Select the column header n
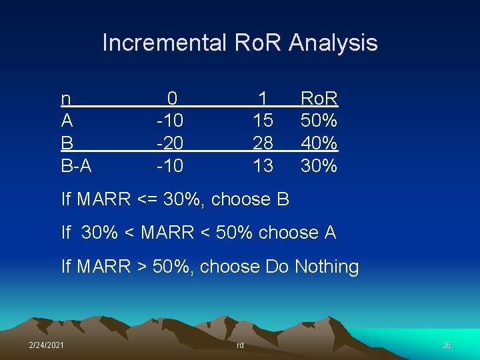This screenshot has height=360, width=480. click(x=66, y=99)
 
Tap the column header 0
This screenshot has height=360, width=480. click(x=172, y=99)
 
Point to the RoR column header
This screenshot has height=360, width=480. click(x=319, y=99)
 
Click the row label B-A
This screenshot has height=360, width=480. click(x=77, y=165)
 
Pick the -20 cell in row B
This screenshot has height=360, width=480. click(x=169, y=143)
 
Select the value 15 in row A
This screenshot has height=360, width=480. click(x=263, y=121)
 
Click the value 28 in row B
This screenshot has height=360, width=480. click(x=263, y=143)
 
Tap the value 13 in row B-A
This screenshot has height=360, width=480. click(x=263, y=165)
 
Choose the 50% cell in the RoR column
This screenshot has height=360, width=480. click(x=319, y=121)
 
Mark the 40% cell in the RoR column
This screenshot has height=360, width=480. click(x=319, y=143)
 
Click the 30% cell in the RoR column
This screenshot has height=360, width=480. click(x=319, y=165)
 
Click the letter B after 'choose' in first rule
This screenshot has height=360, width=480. click(x=282, y=199)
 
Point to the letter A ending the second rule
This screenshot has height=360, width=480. click(x=329, y=233)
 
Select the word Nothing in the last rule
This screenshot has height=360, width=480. click(x=327, y=267)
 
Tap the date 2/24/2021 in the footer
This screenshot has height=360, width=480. click(x=46, y=345)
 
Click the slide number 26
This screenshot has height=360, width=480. click(x=447, y=345)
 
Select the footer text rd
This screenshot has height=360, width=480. click(x=240, y=345)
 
